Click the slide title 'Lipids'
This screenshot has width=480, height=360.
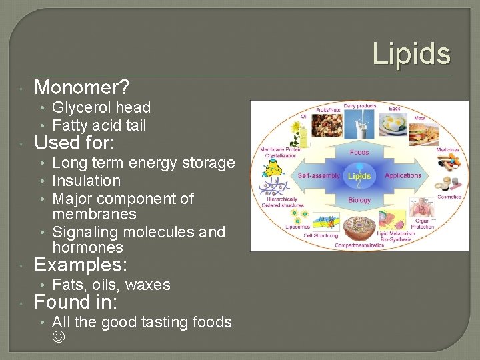[411, 53]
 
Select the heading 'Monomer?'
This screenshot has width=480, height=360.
[82, 87]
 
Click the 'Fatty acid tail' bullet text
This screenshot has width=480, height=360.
[99, 125]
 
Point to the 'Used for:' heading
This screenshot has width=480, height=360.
[74, 143]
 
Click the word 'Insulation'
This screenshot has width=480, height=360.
[86, 181]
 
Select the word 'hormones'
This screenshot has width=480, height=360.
[87, 247]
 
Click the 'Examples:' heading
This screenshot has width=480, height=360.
[80, 265]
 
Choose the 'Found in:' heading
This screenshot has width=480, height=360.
[75, 303]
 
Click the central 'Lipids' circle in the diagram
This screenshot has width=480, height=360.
[359, 176]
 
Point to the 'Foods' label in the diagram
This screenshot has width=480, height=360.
[359, 152]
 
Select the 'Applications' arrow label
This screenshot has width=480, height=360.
[403, 176]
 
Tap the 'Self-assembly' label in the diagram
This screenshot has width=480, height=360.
[319, 176]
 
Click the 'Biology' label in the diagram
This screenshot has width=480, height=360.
[359, 200]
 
